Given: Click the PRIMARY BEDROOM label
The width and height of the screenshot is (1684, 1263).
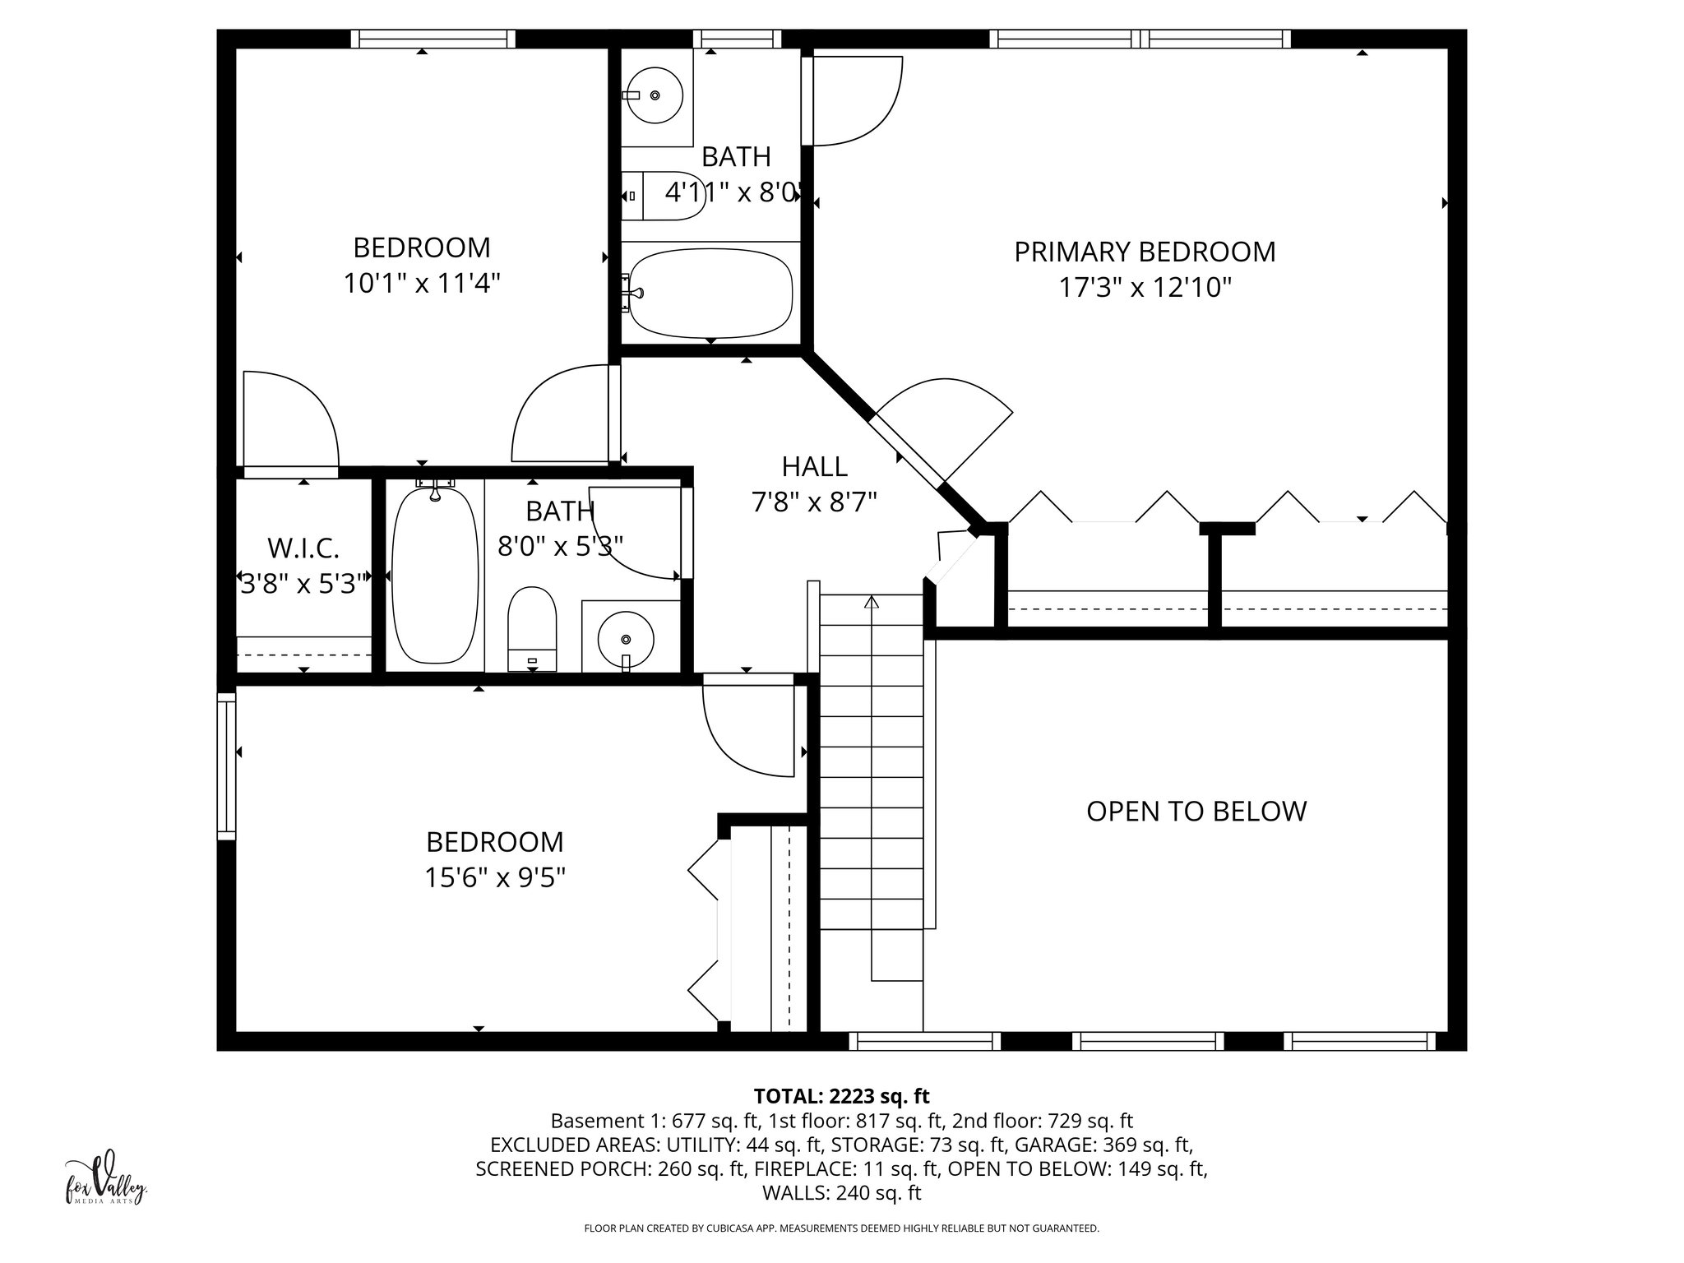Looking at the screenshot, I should click(1144, 252).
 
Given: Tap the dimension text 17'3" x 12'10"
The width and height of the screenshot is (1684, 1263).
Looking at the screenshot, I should click(1144, 288).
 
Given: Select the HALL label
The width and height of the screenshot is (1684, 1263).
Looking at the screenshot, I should click(814, 466).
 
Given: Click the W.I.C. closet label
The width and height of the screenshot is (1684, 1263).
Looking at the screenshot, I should click(303, 548).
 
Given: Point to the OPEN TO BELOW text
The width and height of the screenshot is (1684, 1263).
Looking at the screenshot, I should click(1196, 812).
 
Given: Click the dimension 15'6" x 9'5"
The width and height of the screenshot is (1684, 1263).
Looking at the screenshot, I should click(494, 878).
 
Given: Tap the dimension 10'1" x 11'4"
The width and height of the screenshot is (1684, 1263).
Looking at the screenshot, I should click(422, 284).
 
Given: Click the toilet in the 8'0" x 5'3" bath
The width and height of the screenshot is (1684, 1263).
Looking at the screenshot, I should click(532, 628).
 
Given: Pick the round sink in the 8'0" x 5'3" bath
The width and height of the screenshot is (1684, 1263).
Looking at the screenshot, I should click(626, 639).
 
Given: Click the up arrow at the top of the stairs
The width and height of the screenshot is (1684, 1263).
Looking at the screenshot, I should click(872, 603).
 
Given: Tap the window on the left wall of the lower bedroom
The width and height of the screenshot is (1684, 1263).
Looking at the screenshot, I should click(226, 766).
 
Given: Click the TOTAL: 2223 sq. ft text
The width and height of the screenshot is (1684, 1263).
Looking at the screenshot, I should click(841, 1096).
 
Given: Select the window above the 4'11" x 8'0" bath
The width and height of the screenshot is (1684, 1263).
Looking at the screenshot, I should click(737, 39).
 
